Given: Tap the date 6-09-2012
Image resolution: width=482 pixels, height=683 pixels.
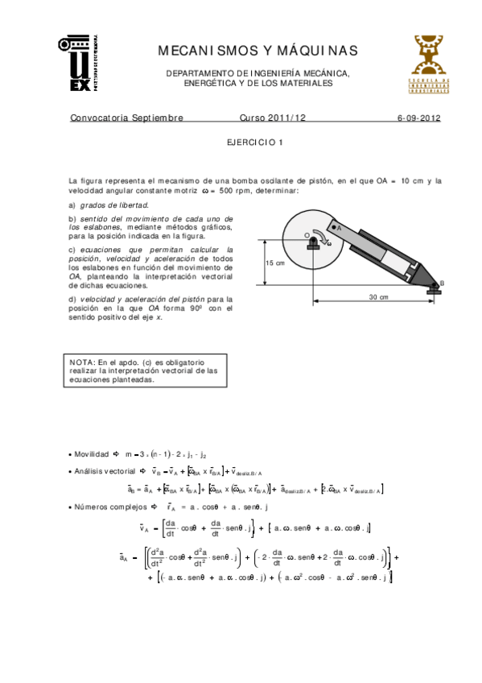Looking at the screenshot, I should click(418, 118).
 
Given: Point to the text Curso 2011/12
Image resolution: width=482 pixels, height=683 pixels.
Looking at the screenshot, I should click(273, 118).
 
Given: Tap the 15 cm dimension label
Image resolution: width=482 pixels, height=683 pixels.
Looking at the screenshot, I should click(274, 263).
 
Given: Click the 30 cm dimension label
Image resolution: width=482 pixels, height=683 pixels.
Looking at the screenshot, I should click(378, 297).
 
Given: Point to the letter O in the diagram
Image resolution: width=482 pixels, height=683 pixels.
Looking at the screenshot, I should click(307, 235).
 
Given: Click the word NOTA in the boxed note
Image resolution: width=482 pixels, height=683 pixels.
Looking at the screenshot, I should click(81, 362).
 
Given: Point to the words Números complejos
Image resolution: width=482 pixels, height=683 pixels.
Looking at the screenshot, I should click(112, 507).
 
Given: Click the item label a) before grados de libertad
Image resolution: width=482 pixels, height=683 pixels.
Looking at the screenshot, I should click(72, 205).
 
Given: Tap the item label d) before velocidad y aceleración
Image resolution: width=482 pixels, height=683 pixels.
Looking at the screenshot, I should click(72, 299).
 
